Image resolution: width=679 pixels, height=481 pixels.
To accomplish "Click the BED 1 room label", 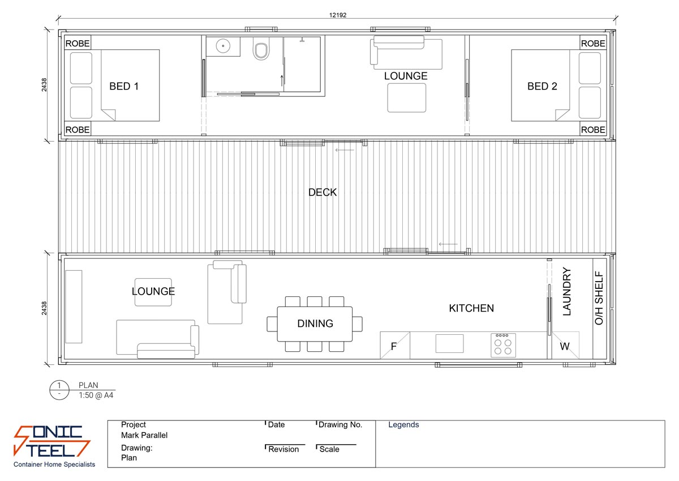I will click(x=124, y=87).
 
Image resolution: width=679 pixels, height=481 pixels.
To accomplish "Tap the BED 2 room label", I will click(x=542, y=87).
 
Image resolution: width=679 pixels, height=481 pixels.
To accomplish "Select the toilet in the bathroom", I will click(x=261, y=51).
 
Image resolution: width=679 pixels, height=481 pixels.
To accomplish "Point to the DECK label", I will click(x=323, y=193).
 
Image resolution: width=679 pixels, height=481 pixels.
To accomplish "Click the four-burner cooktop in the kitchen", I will click(x=503, y=344).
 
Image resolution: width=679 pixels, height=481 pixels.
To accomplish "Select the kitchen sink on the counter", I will click(x=449, y=343).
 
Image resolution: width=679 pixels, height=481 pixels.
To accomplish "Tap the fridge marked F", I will click(x=394, y=346).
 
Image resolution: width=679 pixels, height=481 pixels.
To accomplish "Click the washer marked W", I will click(x=565, y=346).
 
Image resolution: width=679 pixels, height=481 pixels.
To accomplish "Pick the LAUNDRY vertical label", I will click(x=568, y=292).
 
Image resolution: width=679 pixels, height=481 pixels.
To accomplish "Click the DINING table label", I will click(x=315, y=324).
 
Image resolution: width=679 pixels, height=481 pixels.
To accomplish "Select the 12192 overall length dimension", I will click(x=338, y=15).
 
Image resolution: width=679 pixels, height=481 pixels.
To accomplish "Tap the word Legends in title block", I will click(x=403, y=425).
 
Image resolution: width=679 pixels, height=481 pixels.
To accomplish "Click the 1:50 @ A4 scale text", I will click(x=96, y=395).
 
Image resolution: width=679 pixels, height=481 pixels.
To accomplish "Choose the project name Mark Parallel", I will click(x=144, y=436).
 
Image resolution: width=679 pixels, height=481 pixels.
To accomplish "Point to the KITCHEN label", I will click(x=471, y=309).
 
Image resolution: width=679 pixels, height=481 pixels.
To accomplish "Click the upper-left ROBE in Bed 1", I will click(x=78, y=44).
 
